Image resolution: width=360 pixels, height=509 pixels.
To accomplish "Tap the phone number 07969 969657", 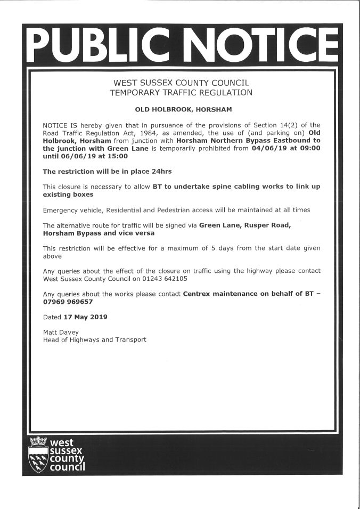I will click(68, 302).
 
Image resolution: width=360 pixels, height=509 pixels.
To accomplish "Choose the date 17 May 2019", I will click(85, 317).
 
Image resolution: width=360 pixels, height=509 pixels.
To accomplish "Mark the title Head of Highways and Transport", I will click(94, 340).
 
